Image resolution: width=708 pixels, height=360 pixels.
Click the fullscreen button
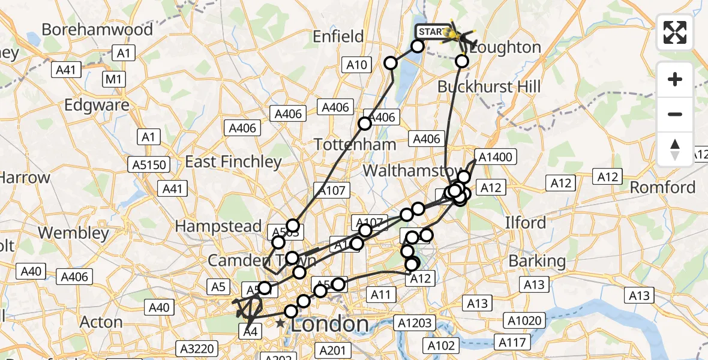[675, 32]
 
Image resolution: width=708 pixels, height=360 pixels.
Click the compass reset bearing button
[675, 149]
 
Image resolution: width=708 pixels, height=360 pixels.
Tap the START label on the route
[432, 32]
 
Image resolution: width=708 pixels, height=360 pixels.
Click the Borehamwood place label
[89, 29]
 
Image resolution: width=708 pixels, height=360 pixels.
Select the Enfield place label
[338, 37]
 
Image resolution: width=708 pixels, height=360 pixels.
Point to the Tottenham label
[356, 144]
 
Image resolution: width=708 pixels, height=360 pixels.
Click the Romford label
[663, 187]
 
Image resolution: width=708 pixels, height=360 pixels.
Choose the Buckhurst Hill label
[489, 87]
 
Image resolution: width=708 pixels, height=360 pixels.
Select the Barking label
[537, 261]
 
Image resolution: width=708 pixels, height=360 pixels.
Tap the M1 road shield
[113, 79]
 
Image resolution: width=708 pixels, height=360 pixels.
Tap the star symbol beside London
[280, 323]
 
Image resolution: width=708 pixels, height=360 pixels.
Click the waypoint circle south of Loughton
[462, 61]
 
